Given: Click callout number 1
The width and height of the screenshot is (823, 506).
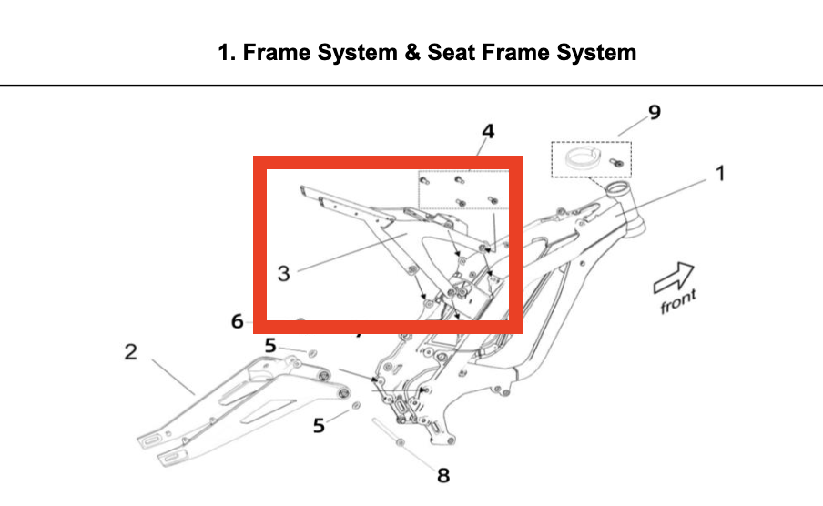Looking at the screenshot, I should click(719, 172).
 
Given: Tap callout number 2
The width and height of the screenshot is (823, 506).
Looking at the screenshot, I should click(131, 352).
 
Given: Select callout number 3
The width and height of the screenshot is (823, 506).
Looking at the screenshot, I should click(284, 273).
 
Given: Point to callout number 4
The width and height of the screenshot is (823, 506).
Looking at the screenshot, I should click(488, 132).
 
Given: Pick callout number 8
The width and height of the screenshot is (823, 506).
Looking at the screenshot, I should click(443, 474).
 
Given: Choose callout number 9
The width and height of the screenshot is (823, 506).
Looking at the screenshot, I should click(653, 113).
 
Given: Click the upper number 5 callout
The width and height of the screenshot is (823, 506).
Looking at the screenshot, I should click(270, 346).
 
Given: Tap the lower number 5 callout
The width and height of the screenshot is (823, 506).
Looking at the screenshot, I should click(319, 425).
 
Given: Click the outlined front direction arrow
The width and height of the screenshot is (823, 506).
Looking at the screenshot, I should click(674, 277).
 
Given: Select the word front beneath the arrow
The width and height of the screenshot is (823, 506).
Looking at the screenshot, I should click(678, 301).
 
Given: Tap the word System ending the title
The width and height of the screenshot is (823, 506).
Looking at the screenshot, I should click(597, 53).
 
